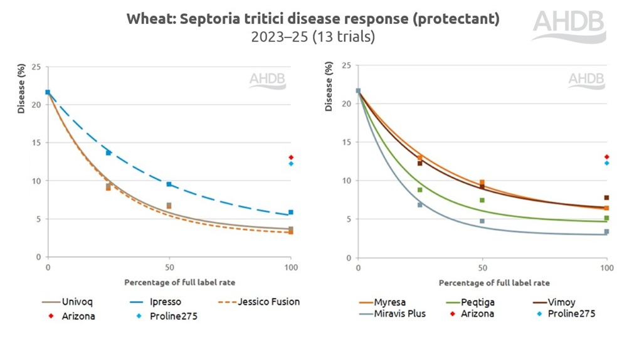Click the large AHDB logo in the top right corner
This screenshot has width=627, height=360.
tap(569, 26)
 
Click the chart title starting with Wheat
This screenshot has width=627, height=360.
tap(313, 19)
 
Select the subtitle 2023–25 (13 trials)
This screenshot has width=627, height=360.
tap(313, 37)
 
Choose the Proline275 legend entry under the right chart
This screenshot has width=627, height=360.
tap(569, 314)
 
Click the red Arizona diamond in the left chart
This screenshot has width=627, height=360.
tap(290, 157)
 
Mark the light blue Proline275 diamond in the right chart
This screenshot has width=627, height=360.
tap(606, 163)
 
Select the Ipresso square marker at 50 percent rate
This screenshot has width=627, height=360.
tap(169, 184)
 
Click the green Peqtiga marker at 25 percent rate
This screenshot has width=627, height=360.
tap(420, 190)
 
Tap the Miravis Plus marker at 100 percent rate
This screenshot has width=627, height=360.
tap(606, 232)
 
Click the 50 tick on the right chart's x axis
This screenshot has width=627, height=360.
tap(482, 268)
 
